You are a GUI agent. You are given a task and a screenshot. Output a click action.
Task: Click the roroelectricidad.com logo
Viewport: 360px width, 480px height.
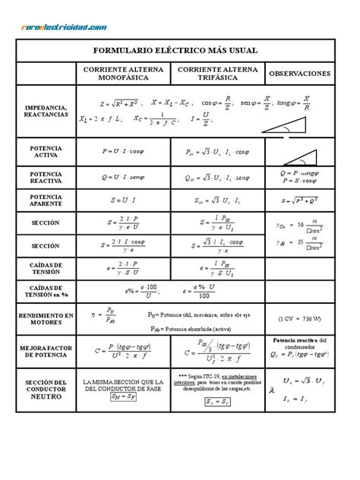(x=60, y=27)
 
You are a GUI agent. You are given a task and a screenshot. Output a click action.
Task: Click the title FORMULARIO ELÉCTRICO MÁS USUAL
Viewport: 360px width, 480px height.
(x=175, y=50)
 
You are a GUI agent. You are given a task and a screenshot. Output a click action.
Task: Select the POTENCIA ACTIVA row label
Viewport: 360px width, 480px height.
(x=46, y=151)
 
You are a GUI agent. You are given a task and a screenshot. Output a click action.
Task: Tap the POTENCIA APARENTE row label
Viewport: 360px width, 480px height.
(x=46, y=201)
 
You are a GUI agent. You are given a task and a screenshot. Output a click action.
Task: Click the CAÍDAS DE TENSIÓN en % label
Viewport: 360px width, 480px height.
(x=46, y=293)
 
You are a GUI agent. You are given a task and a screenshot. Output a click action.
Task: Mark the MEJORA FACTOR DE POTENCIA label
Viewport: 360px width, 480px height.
(x=46, y=351)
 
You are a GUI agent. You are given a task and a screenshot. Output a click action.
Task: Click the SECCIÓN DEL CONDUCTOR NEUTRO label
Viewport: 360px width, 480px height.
(x=46, y=388)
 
